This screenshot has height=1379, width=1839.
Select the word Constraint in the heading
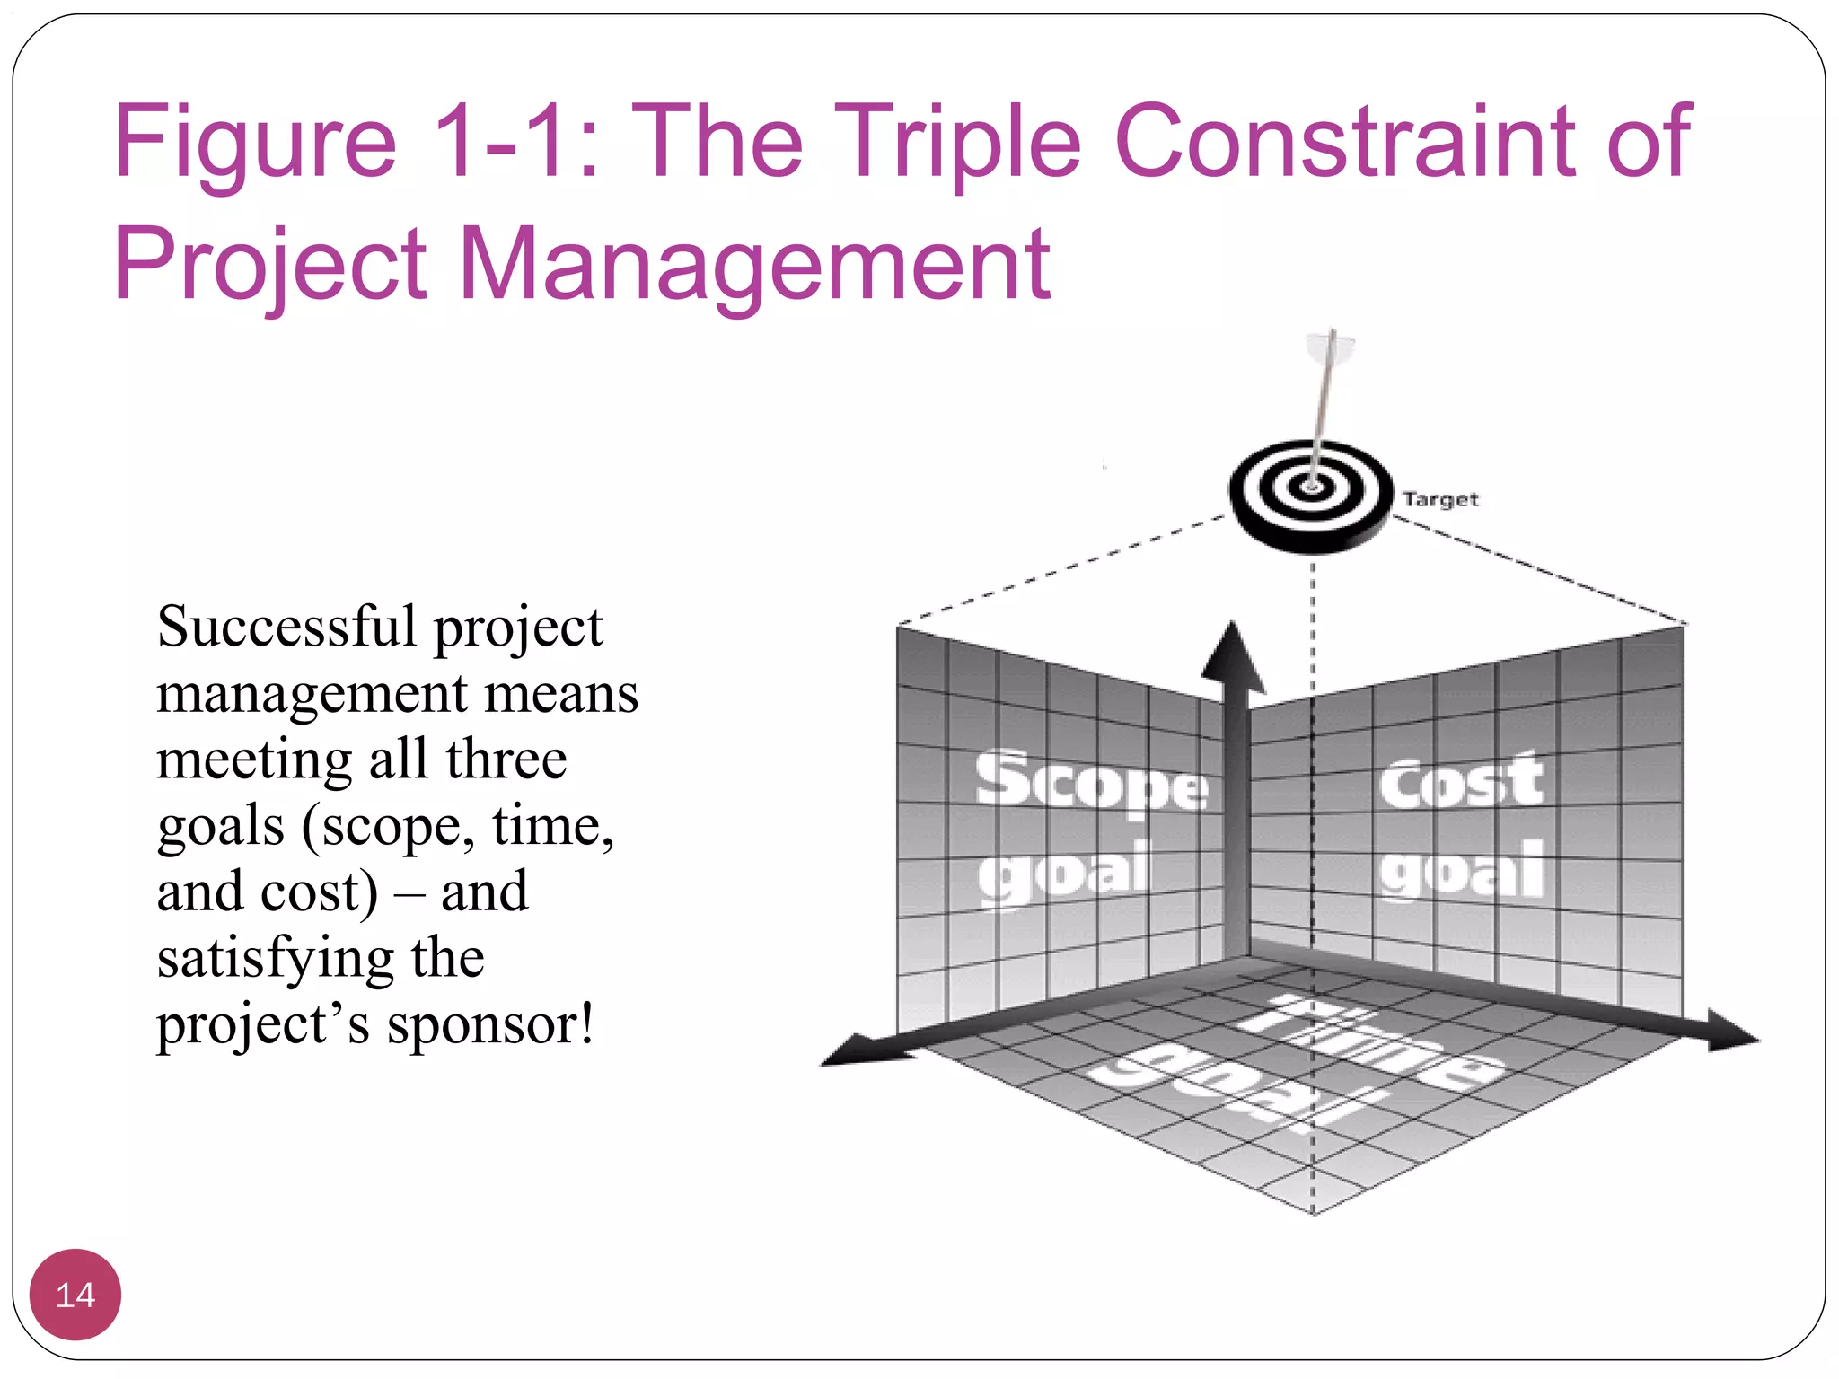tap(1347, 142)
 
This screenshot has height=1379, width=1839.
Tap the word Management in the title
tap(754, 265)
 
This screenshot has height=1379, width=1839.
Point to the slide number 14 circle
tap(75, 1294)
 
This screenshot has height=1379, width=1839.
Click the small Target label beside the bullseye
tap(1440, 499)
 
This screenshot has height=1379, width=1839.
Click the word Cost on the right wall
tap(1461, 782)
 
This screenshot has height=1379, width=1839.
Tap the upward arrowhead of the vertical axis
tap(1233, 655)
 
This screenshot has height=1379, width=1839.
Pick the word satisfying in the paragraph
tap(275, 959)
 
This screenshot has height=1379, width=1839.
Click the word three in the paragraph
tap(506, 760)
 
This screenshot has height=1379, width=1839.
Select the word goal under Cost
tap(1462, 872)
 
